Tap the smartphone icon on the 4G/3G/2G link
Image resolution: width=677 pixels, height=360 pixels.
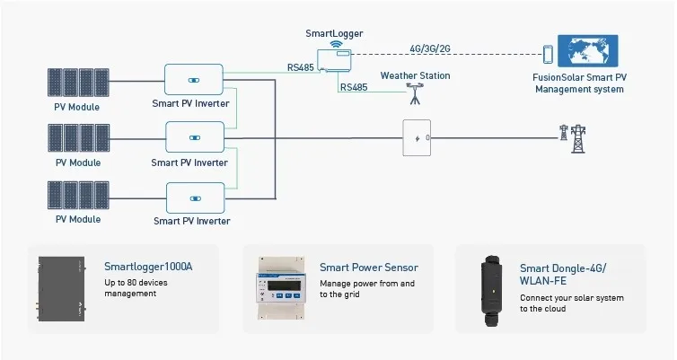(x=547, y=53)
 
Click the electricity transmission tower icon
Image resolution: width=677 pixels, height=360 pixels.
(x=567, y=136)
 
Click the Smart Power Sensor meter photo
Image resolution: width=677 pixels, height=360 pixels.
(x=281, y=289)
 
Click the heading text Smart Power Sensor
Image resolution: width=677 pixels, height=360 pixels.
(x=368, y=268)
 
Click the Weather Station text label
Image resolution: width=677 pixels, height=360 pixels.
(x=415, y=75)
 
